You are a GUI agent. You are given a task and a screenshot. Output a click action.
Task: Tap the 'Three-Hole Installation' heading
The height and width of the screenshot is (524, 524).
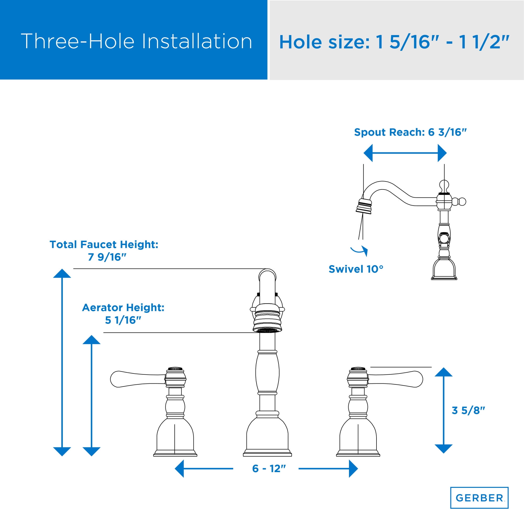click(x=137, y=41)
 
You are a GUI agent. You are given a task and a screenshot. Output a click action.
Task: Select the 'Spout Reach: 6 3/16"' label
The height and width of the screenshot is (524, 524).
click(x=410, y=132)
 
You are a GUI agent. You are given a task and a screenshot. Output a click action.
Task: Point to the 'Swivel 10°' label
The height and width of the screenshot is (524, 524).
click(x=356, y=269)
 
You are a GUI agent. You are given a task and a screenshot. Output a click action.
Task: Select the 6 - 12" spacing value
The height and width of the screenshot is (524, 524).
click(x=269, y=468)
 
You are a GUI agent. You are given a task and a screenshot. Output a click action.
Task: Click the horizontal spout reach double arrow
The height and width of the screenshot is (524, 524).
click(x=405, y=153)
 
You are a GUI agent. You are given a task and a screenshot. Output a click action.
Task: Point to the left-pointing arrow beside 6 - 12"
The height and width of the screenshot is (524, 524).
click(x=204, y=468)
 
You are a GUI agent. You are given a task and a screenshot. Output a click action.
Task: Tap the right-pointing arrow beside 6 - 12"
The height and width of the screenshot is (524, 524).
click(x=328, y=468)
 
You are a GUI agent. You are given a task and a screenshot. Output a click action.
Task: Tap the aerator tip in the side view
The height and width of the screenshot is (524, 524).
click(x=364, y=207)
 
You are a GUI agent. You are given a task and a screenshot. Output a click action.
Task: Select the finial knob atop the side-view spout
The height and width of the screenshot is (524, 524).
click(x=444, y=186)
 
